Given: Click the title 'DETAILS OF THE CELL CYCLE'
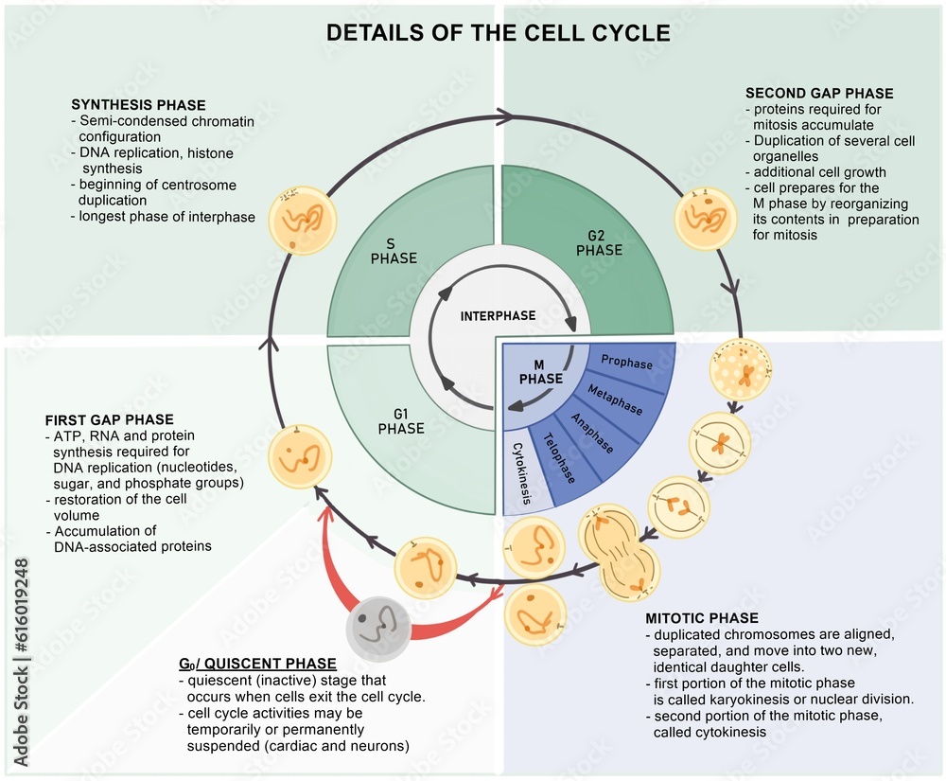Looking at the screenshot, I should [x=498, y=33].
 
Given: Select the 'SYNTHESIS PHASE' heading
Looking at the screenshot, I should [x=138, y=105].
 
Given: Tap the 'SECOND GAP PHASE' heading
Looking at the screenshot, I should [x=819, y=93].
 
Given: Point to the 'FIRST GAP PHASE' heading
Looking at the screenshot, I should [x=109, y=419].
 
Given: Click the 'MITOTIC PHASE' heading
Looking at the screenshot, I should [x=700, y=594].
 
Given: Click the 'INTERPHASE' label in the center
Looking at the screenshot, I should [x=498, y=315].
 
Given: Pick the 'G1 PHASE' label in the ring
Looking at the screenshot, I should [x=401, y=420].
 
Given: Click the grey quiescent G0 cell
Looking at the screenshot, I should [x=378, y=627].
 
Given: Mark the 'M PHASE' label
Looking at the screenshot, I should [x=540, y=372].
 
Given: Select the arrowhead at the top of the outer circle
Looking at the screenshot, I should [x=503, y=117].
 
